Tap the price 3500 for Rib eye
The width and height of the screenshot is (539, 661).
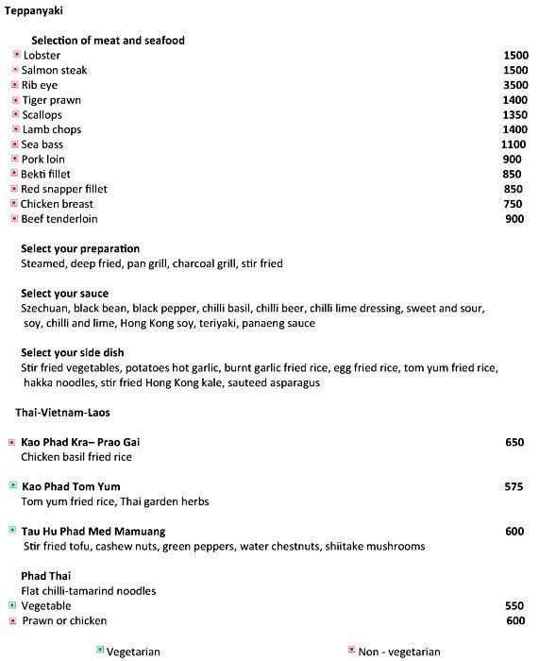point(515,85)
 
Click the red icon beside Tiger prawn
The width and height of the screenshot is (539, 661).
point(15,100)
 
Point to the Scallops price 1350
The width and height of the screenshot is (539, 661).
point(515,115)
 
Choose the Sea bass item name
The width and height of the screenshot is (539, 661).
point(42,144)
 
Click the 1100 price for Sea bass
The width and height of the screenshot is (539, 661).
point(514,144)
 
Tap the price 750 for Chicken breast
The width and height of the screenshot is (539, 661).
point(513,204)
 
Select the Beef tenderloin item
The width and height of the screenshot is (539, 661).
point(58,219)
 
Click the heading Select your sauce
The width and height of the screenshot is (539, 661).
point(64,294)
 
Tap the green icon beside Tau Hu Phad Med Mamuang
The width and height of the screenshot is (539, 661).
point(12,531)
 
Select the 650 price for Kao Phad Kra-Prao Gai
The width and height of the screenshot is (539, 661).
point(514,442)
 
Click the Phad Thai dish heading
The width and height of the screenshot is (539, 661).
point(43,575)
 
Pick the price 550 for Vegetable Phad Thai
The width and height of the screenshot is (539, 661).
point(514,605)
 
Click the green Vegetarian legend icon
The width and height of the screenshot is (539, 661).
point(99,651)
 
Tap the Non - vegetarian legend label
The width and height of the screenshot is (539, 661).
point(399,652)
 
